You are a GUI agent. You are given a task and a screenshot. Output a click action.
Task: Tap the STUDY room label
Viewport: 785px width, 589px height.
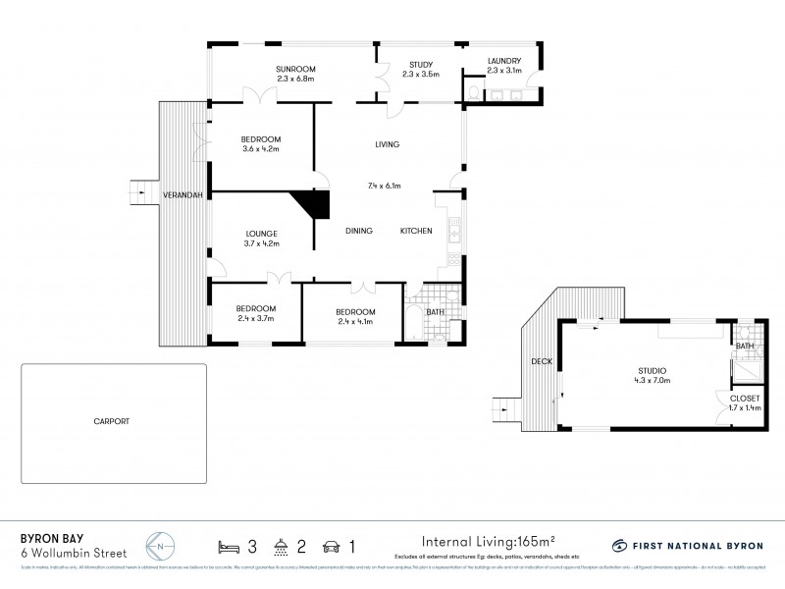pyautogui.click(x=406, y=67)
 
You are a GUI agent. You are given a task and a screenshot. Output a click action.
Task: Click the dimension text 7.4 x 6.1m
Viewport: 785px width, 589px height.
pyautogui.click(x=386, y=185)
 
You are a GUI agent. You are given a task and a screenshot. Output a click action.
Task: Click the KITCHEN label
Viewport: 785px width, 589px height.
pyautogui.click(x=416, y=231)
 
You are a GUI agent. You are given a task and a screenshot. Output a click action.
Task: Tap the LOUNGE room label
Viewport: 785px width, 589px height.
pyautogui.click(x=261, y=234)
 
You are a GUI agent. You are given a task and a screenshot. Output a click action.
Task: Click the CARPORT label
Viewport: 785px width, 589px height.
pyautogui.click(x=114, y=421)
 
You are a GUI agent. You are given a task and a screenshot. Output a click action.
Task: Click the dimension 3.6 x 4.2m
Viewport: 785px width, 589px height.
pyautogui.click(x=261, y=149)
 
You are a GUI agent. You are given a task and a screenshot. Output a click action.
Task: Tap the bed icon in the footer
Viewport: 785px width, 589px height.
pyautogui.click(x=228, y=544)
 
